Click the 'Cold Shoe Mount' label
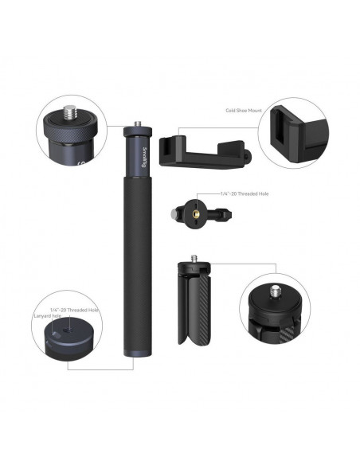point(244,111)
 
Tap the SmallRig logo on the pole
point(144,157)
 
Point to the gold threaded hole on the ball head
point(196,213)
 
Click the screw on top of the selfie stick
point(138,123)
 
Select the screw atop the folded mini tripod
point(194,259)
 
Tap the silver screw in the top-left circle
point(70,112)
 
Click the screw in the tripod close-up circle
point(276,291)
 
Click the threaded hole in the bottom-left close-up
point(68,330)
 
